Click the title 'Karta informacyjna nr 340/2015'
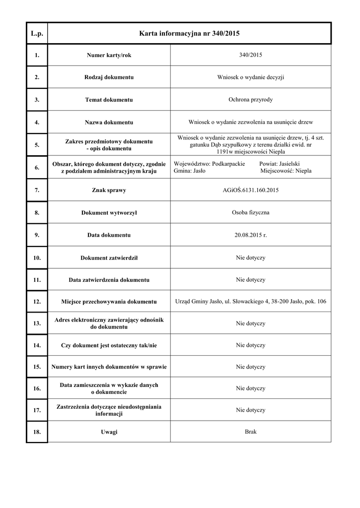point(189,34)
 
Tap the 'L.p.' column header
point(37,34)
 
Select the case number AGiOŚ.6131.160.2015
point(251,190)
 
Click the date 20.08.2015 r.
point(251,235)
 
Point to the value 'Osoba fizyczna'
point(251,212)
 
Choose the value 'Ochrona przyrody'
point(251,99)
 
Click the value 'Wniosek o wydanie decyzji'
point(251,77)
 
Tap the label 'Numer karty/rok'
point(109,55)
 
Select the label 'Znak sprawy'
point(109,190)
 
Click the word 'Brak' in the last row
point(251,431)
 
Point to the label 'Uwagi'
point(109,432)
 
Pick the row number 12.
point(37,302)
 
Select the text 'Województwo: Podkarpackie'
point(210,163)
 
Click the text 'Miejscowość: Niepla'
point(286,170)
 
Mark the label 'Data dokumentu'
point(109,235)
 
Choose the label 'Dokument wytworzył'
point(109,213)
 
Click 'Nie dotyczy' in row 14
point(251,345)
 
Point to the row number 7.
point(37,190)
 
